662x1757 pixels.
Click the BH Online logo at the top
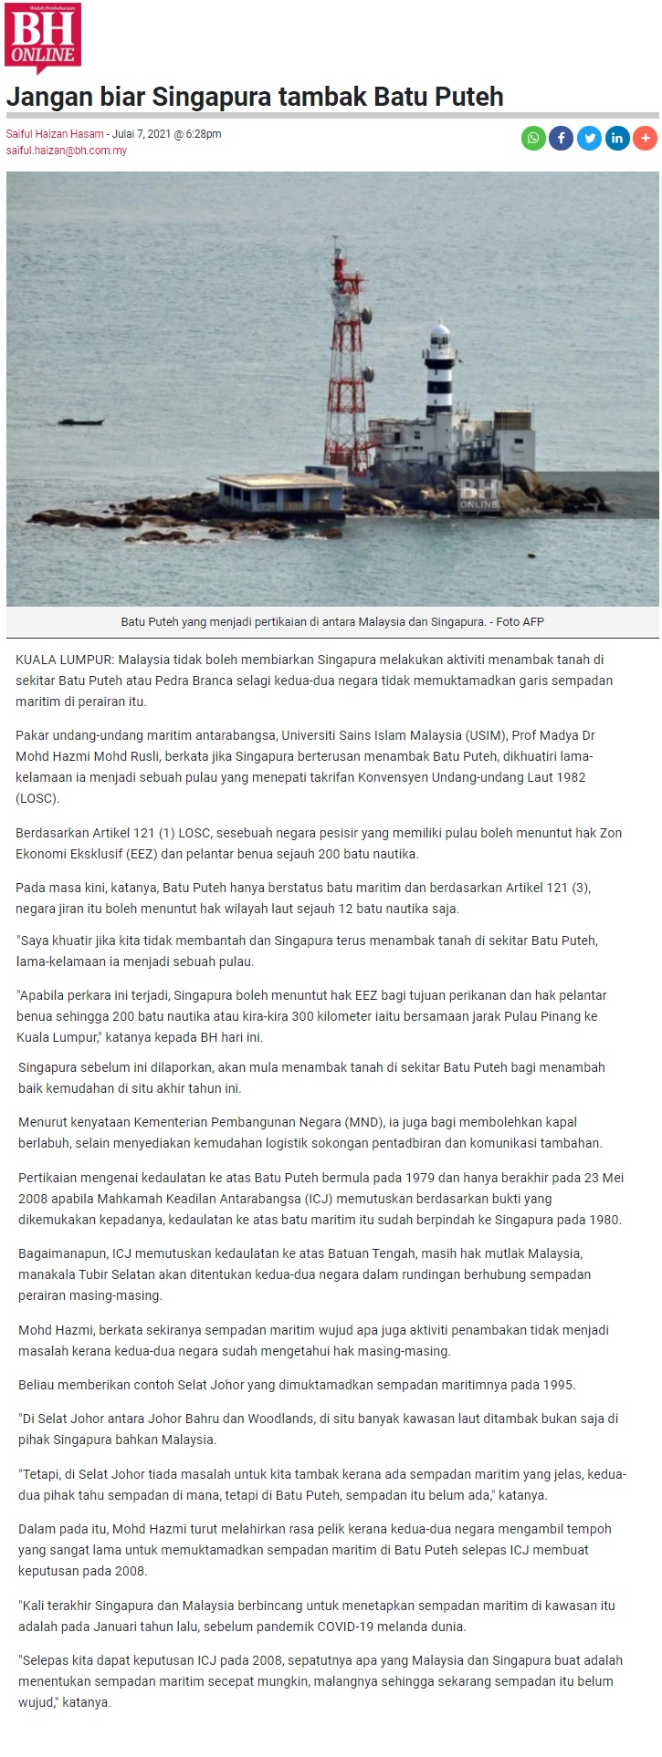(x=43, y=36)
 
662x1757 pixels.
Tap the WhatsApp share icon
(x=533, y=138)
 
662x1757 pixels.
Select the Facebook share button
(x=561, y=138)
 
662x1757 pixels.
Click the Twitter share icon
(x=589, y=138)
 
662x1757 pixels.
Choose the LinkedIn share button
(x=617, y=138)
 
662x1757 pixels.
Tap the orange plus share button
(x=645, y=138)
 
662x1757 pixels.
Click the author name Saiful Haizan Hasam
(x=55, y=134)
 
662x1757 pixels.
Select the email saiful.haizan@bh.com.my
(x=67, y=151)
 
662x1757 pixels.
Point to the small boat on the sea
(x=80, y=421)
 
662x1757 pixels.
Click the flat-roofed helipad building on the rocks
(x=281, y=493)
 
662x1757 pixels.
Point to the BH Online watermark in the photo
(x=479, y=493)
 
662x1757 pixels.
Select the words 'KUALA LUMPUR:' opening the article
(x=65, y=660)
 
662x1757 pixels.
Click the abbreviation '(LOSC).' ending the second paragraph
(x=37, y=798)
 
